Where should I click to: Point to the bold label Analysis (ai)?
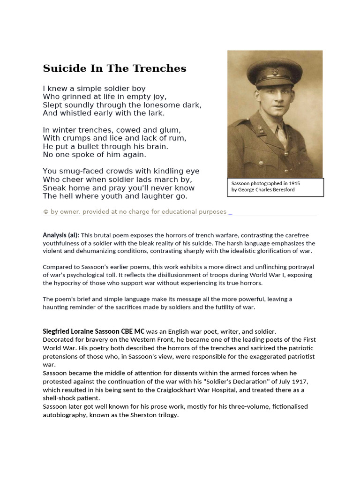(61, 235)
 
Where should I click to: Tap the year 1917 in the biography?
(298, 382)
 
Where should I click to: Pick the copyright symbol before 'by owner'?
(45, 212)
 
